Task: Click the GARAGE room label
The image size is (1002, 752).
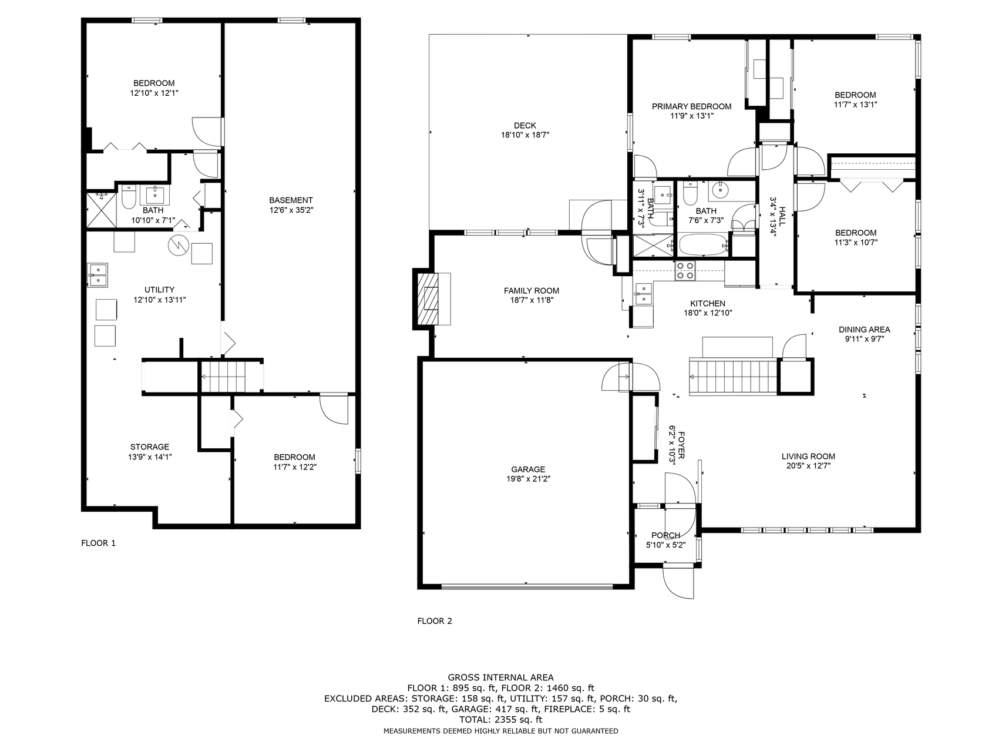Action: coord(528,469)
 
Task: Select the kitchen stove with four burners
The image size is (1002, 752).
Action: coord(684,271)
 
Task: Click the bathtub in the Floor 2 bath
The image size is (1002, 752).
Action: coord(704,244)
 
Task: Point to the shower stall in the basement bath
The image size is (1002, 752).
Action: coord(102,209)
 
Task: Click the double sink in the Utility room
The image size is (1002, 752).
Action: coord(97,275)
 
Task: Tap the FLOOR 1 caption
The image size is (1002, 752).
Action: coord(98,543)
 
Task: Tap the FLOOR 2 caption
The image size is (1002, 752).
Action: coord(435,621)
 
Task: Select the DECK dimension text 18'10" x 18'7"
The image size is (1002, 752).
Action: coord(524,135)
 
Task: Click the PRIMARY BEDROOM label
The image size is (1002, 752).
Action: coord(692,106)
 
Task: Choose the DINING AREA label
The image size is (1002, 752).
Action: coord(864,330)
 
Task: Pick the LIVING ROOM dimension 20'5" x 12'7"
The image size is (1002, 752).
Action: coord(808,466)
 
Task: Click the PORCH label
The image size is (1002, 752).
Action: coord(665,535)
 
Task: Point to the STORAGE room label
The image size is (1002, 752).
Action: coord(150,447)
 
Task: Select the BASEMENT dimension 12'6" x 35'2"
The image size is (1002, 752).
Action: coord(291,210)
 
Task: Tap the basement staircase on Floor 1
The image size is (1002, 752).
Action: coord(223,376)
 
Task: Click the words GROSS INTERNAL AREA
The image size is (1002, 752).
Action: coord(500,677)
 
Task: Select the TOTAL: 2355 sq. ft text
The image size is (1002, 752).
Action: coord(500,720)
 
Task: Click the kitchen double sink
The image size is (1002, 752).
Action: coord(644,294)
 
